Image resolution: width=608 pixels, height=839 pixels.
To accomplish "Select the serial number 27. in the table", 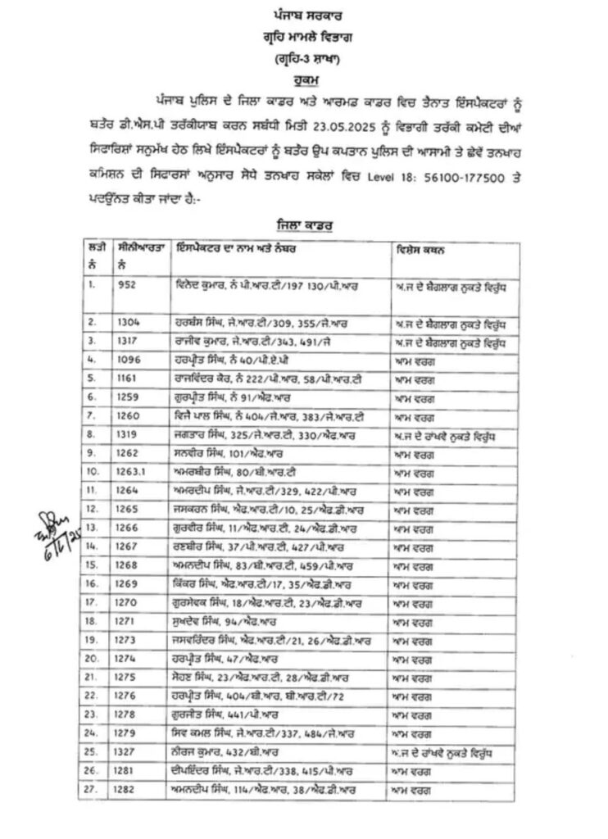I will point(95,789).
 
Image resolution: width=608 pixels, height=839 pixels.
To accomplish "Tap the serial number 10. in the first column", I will point(93,471).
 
